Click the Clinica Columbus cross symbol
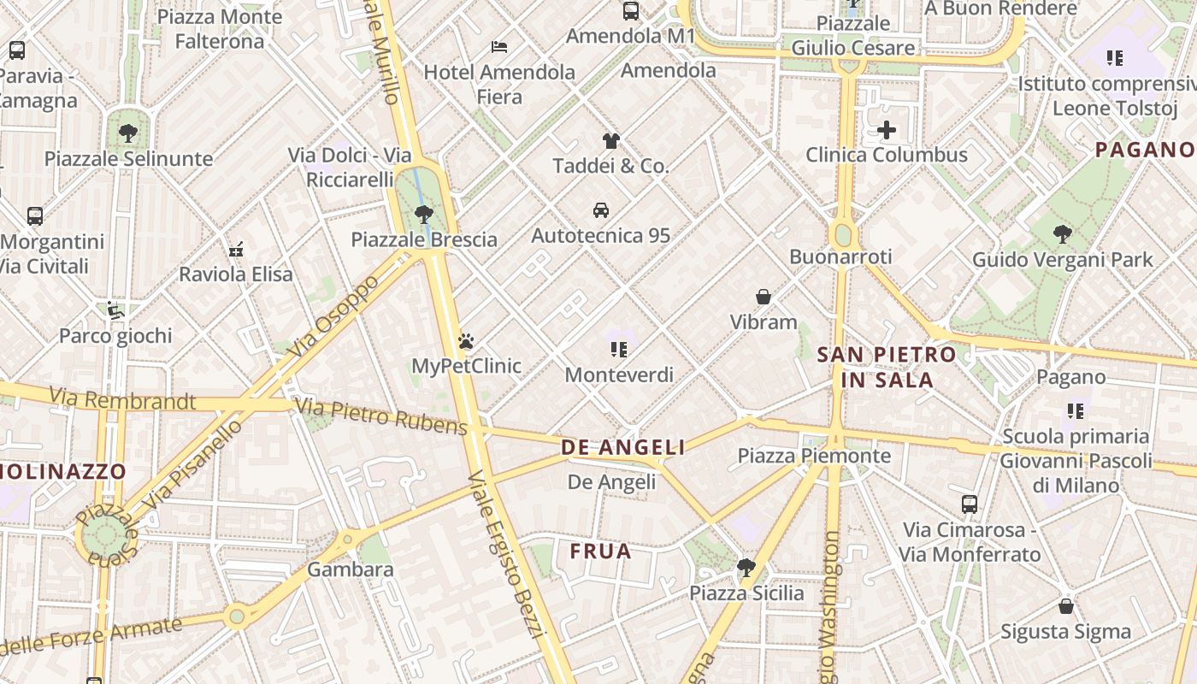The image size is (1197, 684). click(887, 131)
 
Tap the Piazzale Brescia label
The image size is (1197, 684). click(424, 239)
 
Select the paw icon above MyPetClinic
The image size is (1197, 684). click(466, 341)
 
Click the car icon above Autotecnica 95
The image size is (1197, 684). click(601, 210)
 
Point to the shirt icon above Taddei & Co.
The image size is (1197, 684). click(610, 141)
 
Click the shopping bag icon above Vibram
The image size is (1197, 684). click(764, 297)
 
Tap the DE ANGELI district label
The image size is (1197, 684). click(622, 447)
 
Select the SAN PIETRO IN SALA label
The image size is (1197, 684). click(887, 367)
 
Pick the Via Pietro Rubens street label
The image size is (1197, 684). click(381, 416)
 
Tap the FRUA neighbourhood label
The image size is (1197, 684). click(600, 551)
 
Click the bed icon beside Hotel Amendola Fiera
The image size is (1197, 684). click(499, 47)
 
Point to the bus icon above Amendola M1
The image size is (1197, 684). click(631, 11)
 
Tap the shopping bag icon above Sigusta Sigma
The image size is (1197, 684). click(1065, 606)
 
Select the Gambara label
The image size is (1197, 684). click(351, 569)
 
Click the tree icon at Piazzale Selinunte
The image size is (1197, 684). click(128, 133)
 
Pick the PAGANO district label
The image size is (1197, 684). click(1144, 150)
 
